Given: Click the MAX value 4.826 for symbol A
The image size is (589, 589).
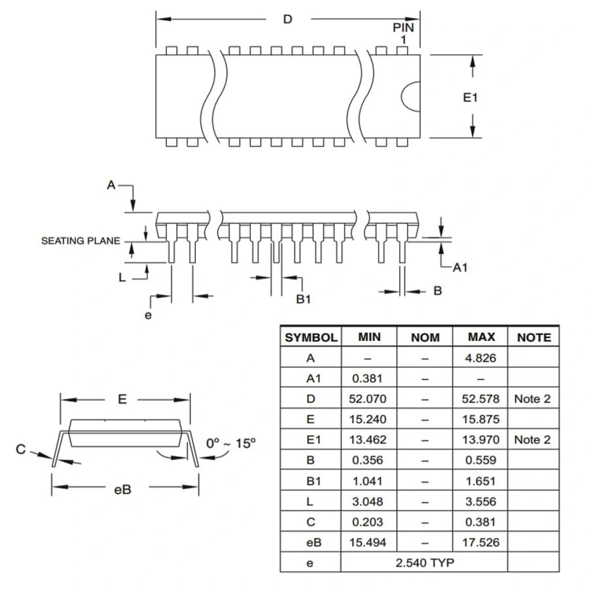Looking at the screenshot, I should (x=481, y=357).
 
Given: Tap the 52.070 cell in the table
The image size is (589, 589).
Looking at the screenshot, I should (x=369, y=399).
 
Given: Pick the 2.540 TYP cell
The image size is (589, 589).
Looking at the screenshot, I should (x=425, y=562).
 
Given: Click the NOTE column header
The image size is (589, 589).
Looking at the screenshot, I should (x=533, y=338).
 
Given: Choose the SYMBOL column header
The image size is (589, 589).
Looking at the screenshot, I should (x=311, y=338).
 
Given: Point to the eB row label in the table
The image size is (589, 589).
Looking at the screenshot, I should (x=310, y=542).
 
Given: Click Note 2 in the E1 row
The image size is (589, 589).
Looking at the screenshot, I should (x=532, y=440).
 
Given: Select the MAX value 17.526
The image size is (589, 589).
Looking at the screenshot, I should (x=481, y=542).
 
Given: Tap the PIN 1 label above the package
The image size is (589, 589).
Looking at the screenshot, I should (x=403, y=33).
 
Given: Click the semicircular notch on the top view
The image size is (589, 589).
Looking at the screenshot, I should (x=410, y=97).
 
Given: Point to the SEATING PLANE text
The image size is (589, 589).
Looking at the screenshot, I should (x=80, y=241).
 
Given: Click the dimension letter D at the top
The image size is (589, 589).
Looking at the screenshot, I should (x=287, y=19).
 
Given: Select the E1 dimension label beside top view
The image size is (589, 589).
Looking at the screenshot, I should (x=471, y=98).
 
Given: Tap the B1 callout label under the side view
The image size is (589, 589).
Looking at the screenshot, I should (x=303, y=298).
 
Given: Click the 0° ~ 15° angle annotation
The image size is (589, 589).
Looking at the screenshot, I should (x=230, y=443).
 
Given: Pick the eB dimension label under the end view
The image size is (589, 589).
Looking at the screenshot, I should (x=122, y=488).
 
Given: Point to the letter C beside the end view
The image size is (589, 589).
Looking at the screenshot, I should (x=21, y=450).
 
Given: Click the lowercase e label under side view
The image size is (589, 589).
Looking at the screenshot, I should (x=148, y=315).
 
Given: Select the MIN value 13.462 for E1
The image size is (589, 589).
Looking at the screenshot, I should (x=369, y=440).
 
